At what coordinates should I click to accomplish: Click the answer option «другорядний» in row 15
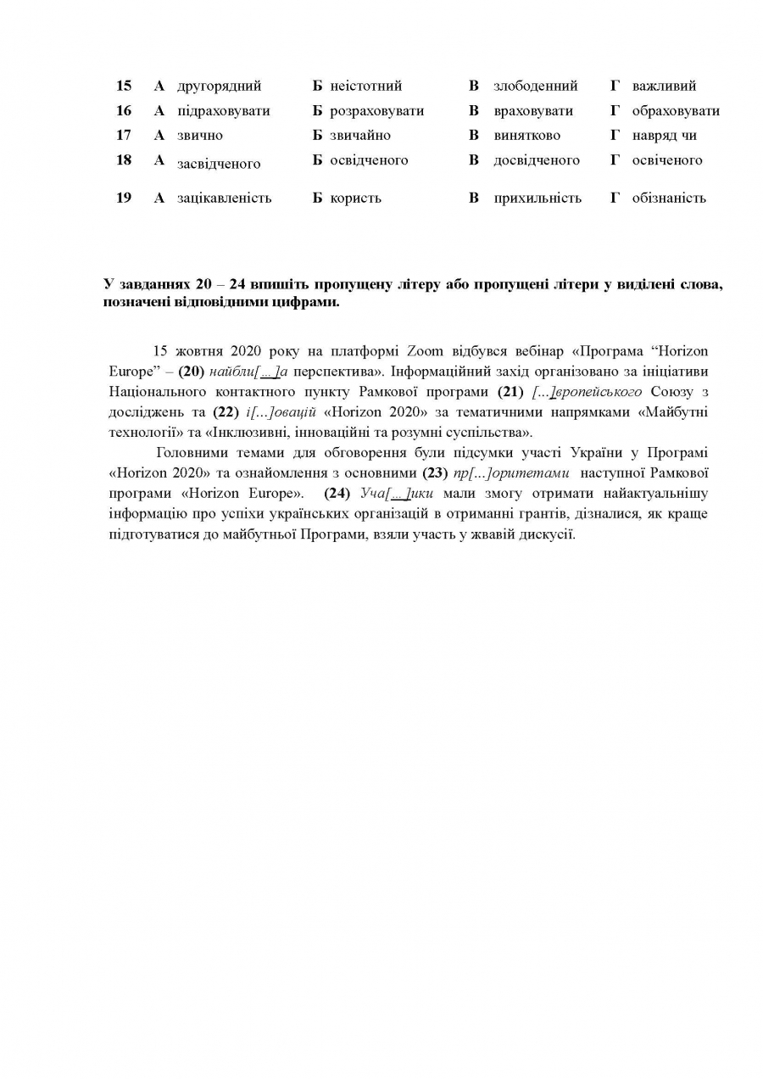[x=219, y=86]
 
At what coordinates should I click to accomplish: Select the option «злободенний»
[x=535, y=86]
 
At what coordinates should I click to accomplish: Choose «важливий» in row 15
[x=664, y=86]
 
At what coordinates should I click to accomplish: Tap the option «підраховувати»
[x=223, y=110]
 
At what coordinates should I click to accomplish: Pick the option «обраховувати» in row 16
[x=676, y=110]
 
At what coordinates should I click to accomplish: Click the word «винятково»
[x=526, y=135]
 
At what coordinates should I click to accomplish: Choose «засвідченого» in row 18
[x=219, y=164]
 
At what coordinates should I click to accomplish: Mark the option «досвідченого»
[x=537, y=159]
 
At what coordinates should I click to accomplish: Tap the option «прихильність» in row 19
[x=537, y=198]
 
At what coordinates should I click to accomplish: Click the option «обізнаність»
[x=669, y=198]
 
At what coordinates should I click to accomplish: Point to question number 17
[x=124, y=135]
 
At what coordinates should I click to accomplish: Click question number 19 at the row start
[x=124, y=198]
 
